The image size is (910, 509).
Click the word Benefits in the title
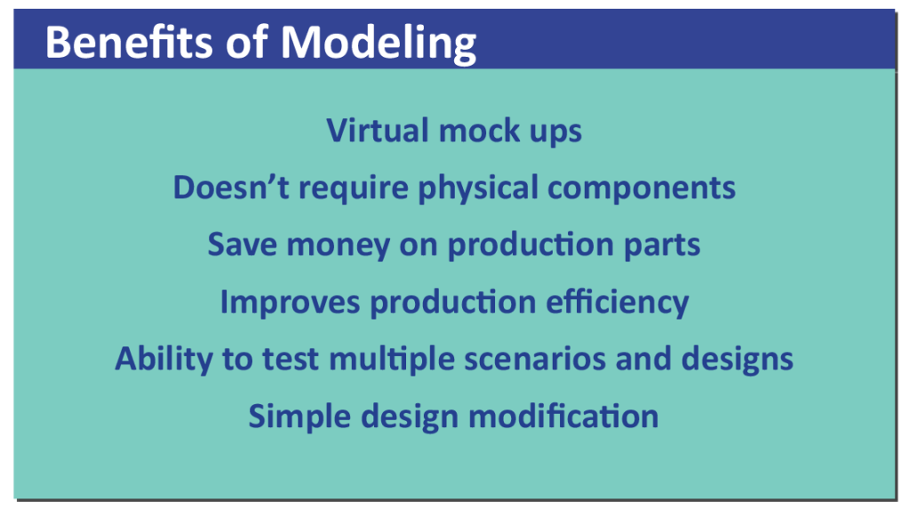[129, 43]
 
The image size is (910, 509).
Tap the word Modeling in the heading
[379, 44]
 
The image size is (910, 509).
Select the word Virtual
[378, 130]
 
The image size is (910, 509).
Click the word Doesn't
[231, 187]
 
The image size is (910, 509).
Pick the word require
[354, 189]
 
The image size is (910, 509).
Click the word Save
[242, 243]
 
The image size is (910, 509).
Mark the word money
[339, 246]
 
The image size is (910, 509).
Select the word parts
[661, 246]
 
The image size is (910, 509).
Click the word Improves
[290, 303]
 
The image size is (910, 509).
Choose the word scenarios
[534, 359]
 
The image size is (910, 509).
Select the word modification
[563, 416]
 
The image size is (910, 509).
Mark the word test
[291, 359]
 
